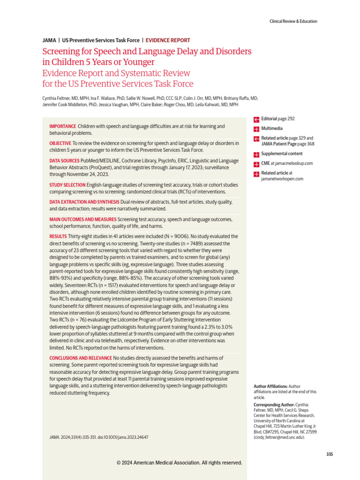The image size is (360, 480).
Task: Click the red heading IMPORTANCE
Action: click(x=62, y=127)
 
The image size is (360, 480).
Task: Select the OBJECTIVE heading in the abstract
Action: click(x=60, y=143)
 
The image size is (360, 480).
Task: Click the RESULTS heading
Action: click(x=58, y=236)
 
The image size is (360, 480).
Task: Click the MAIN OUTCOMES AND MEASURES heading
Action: click(x=82, y=219)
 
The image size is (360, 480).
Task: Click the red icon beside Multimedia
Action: click(x=256, y=128)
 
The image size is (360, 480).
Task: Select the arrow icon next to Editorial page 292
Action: click(x=256, y=119)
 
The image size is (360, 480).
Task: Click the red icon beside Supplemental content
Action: click(x=256, y=154)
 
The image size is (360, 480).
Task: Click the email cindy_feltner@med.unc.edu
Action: click(x=279, y=437)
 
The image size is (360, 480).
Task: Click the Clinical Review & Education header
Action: click(x=293, y=21)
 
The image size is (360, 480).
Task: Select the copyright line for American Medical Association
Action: click(x=180, y=463)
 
